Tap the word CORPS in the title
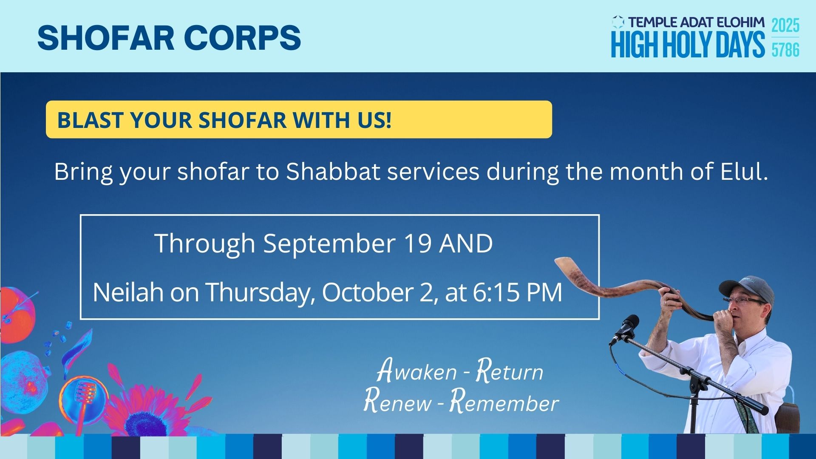(243, 37)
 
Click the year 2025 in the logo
(785, 25)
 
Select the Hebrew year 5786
(785, 50)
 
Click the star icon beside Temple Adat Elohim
(618, 22)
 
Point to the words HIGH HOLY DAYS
(688, 44)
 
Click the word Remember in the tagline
(504, 402)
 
